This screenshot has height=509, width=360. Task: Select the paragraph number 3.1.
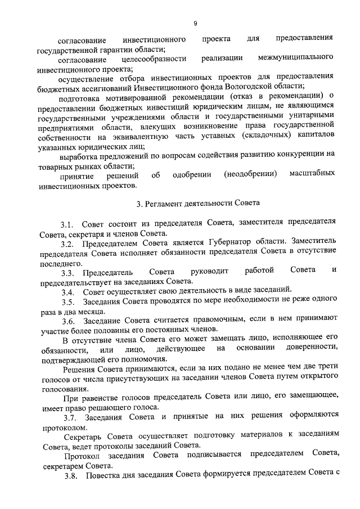(x=69, y=224)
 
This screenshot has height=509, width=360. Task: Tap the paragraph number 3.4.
(x=69, y=292)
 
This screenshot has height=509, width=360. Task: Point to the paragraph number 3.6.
(x=69, y=321)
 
